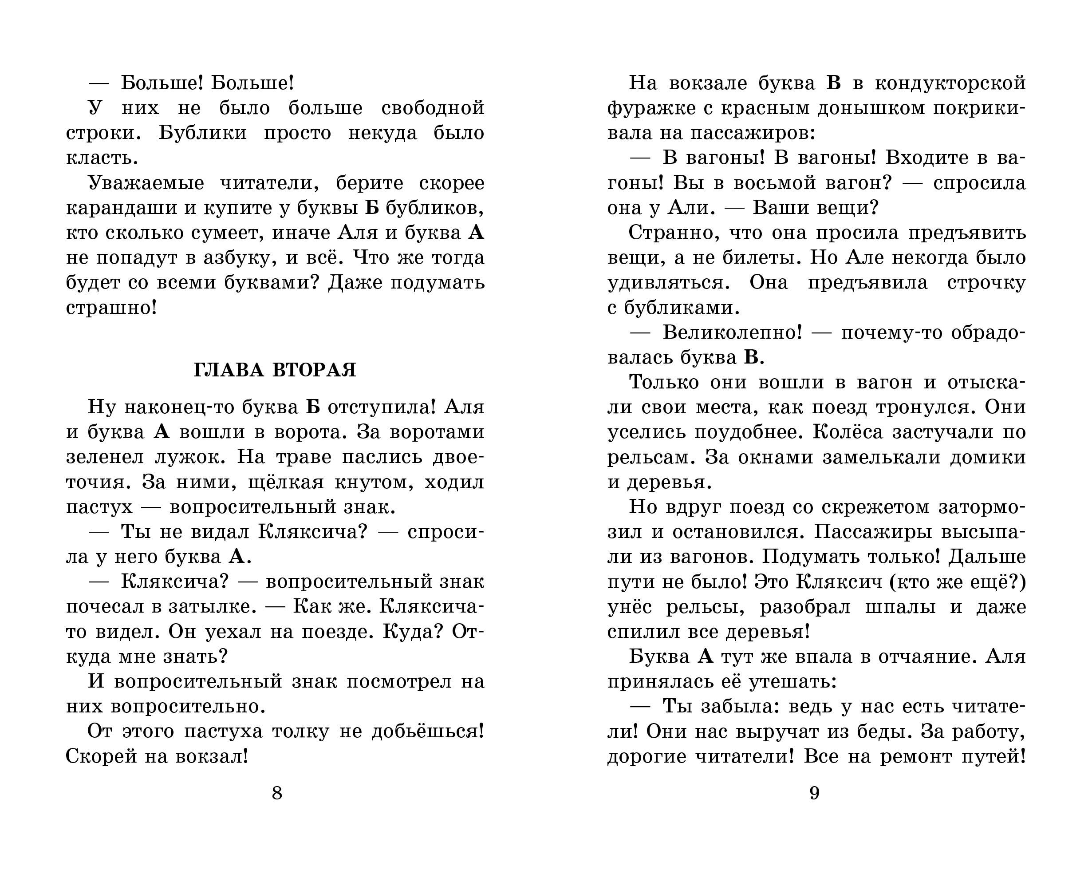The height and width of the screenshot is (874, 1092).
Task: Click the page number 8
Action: [x=276, y=792]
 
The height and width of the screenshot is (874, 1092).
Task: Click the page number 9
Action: [x=814, y=792]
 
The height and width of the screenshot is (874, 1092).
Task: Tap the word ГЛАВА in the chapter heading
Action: [x=229, y=370]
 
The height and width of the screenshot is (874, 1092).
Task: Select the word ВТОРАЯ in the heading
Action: [x=315, y=370]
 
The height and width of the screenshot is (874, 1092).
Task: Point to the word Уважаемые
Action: [x=146, y=183]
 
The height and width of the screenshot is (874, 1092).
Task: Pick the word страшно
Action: [x=108, y=308]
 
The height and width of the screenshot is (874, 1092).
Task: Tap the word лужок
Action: [x=188, y=457]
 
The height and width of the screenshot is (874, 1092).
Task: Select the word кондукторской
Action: [x=950, y=83]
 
